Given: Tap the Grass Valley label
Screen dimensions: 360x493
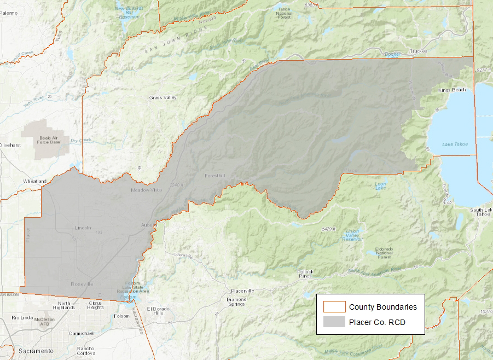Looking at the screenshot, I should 163,98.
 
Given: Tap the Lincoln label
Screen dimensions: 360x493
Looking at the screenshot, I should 83,227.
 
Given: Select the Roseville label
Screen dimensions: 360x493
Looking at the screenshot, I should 82,284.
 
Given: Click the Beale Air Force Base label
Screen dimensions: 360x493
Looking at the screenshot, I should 49,140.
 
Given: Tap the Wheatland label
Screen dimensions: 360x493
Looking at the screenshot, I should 35,181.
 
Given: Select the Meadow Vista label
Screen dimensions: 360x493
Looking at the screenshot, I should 147,190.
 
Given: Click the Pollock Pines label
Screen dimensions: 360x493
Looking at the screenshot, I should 305,274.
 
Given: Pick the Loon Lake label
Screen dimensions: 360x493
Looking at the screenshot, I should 380,186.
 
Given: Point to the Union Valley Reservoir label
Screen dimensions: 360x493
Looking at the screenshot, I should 352,234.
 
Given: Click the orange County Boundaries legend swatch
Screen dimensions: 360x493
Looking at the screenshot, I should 334,307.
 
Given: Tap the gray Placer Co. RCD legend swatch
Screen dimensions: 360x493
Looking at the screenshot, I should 334,322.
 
